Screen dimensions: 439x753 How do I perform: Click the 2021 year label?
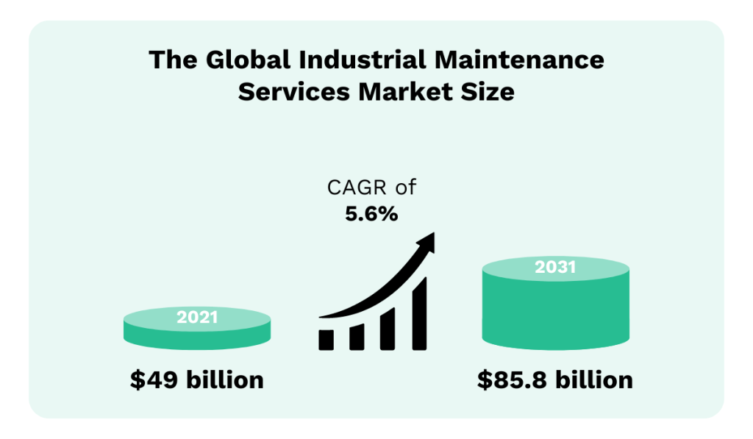197,318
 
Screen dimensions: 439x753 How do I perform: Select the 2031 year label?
555,267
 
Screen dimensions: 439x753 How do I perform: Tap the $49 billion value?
196,380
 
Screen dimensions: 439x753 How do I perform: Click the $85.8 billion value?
554,380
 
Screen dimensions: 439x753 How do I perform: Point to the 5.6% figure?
371,214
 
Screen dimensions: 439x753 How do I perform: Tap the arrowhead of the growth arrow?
427,241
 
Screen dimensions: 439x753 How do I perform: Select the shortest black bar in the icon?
326,339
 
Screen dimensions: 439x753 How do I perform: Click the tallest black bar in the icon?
419,313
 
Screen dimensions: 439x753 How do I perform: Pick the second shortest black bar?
357,336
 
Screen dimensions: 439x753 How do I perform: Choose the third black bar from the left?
388,328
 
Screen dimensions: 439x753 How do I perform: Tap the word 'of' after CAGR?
405,188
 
